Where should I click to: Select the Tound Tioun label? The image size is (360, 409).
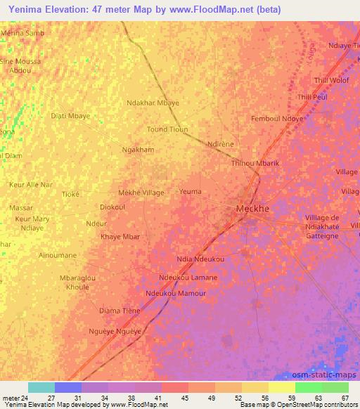tap(167, 129)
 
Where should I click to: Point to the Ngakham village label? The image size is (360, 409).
tap(138, 150)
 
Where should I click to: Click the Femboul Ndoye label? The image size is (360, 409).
tap(278, 119)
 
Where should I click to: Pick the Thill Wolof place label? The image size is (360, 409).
tap(332, 80)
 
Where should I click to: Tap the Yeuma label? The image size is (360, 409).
tap(190, 192)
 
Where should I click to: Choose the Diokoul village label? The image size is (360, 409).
tap(112, 207)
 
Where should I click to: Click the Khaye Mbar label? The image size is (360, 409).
tap(120, 236)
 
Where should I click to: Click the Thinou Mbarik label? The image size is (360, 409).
tap(255, 163)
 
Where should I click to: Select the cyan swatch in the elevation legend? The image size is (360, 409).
tap(41, 387)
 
